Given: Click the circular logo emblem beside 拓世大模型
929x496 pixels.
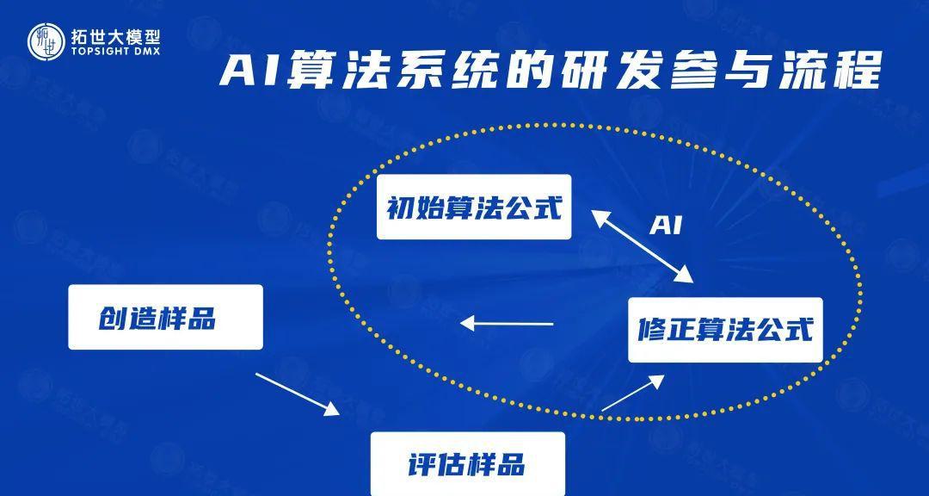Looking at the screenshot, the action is [x=46, y=41].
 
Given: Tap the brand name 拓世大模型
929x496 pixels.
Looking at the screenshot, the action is [x=115, y=37].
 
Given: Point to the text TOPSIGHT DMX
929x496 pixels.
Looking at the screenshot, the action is [x=115, y=53].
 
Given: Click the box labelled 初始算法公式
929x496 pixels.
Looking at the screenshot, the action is [x=474, y=207].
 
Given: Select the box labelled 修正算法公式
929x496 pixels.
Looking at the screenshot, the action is [x=725, y=330].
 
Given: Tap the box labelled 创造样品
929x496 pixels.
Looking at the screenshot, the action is [x=165, y=317].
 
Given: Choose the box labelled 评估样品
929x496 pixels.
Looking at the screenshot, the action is [x=467, y=463].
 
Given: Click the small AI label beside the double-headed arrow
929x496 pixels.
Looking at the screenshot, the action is [x=666, y=226].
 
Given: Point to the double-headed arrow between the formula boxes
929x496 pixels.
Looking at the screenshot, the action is [x=642, y=245].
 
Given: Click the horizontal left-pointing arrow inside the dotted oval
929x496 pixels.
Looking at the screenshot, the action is [x=507, y=324].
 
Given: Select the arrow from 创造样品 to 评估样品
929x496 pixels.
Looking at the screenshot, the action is [x=298, y=394].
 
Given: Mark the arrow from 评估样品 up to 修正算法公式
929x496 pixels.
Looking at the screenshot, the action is [x=633, y=393].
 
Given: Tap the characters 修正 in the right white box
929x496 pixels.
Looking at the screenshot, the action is [x=665, y=330].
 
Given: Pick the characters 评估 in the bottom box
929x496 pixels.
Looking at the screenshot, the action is [x=437, y=464].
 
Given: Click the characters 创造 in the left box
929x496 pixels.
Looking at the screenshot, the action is [x=127, y=318].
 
